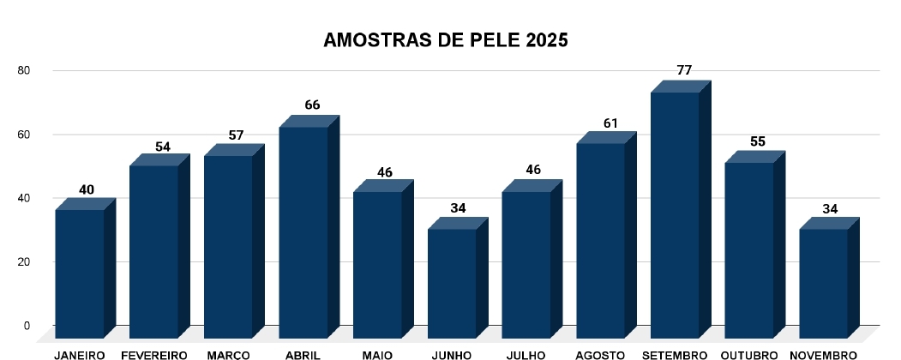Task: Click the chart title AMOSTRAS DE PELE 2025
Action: point(445,40)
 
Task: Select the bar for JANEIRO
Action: point(80,273)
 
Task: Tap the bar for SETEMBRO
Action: point(676,214)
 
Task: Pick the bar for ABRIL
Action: point(303,231)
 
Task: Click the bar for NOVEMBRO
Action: point(824,283)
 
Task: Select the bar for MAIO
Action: point(378,264)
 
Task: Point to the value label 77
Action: point(684,70)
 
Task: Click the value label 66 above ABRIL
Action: point(312,105)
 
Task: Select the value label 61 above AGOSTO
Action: point(610,123)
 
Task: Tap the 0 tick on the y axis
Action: point(27,326)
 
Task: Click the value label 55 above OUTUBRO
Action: point(758,142)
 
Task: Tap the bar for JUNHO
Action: point(452,283)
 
